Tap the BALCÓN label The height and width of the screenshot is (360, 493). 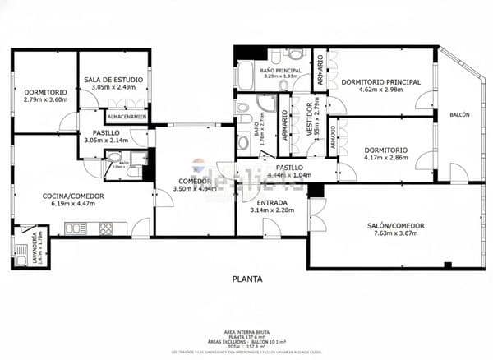tap(459, 115)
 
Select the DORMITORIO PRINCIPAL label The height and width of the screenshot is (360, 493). tap(380, 81)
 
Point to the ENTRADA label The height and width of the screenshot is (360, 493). tap(272, 202)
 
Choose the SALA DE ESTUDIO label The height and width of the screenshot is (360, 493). tap(113, 79)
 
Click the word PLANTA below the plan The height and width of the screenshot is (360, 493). tap(246, 279)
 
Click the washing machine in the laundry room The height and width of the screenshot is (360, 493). tap(21, 261)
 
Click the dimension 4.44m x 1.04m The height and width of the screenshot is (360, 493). tap(288, 174)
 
